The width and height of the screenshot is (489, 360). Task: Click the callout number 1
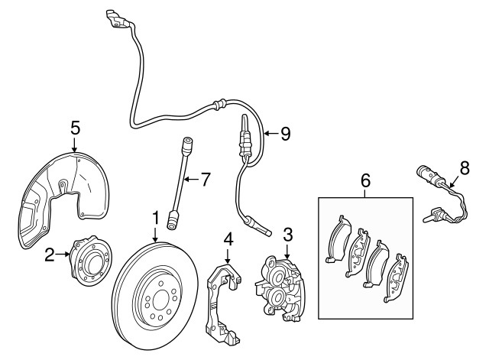point(155,218)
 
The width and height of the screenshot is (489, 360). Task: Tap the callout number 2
point(50,255)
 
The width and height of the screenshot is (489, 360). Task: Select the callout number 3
point(288,233)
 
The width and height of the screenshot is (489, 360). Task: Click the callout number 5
point(75,126)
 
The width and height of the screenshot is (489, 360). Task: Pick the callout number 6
point(365,181)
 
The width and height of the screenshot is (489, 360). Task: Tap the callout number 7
point(205,180)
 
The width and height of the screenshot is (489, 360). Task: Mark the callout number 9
point(285,134)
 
